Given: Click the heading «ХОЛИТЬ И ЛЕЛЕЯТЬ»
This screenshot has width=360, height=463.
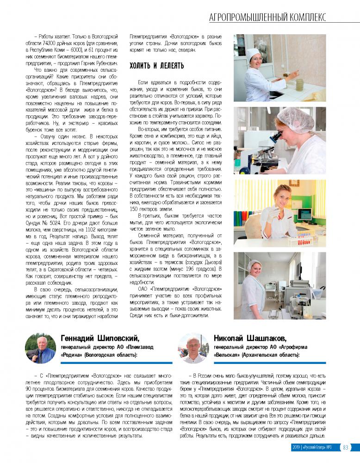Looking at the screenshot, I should [157, 66].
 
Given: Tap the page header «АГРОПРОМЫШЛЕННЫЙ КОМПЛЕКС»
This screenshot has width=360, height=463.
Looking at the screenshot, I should [267, 18].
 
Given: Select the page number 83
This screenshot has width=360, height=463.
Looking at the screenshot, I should [346, 447].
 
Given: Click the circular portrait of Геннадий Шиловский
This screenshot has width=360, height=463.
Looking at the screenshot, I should [40, 348].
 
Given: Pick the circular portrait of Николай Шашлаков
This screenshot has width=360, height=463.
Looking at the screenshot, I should [194, 348].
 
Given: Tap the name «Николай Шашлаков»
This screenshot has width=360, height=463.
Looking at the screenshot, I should [250, 338].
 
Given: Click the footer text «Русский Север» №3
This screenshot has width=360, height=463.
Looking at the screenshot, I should [319, 447].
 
